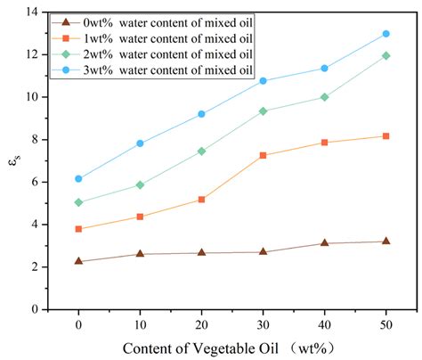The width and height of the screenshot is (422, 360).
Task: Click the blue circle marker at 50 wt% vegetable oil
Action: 385,34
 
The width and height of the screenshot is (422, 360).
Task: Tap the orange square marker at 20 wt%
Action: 201,200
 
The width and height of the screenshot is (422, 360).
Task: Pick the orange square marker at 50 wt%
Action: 385,136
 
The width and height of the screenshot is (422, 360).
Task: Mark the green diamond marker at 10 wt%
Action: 140,184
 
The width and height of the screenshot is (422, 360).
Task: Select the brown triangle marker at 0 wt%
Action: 78,261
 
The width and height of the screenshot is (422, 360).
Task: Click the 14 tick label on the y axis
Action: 55,12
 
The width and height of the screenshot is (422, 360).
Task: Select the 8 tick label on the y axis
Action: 59,140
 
